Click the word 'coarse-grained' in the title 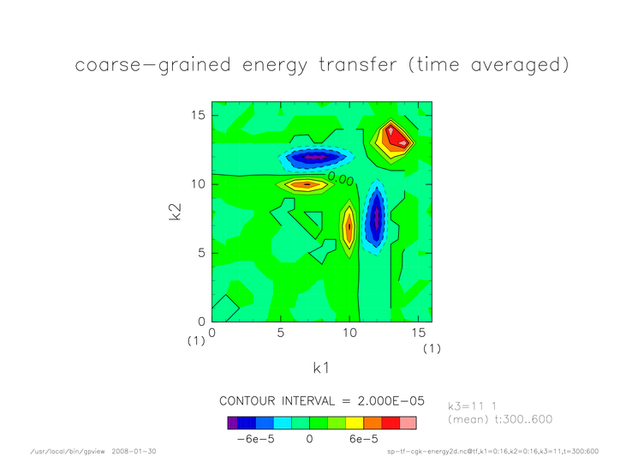[152, 65]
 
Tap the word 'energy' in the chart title [275, 66]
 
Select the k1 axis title [321, 368]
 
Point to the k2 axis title [175, 212]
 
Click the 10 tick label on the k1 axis [349, 333]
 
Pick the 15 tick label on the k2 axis [198, 115]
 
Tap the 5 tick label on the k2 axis [201, 253]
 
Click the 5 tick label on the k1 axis [281, 333]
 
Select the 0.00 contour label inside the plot [341, 179]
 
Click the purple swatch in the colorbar [232, 423]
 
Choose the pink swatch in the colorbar [408, 423]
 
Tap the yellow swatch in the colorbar [355, 423]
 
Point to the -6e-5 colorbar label [255, 439]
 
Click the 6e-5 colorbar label [363, 439]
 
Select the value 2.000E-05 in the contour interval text [391, 401]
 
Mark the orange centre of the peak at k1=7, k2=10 [307, 184]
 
